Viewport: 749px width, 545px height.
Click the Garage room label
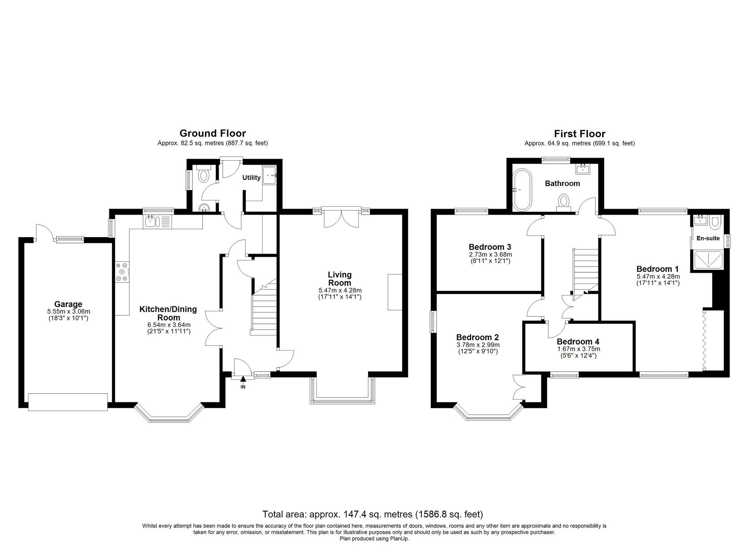pos(68,304)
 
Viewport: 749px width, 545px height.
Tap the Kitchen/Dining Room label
pos(168,313)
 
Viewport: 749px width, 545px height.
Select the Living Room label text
pos(340,279)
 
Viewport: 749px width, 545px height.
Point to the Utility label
pos(251,178)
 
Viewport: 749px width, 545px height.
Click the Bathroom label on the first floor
pos(562,184)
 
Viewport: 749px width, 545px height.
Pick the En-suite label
pos(708,238)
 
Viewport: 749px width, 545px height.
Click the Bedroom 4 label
pos(578,342)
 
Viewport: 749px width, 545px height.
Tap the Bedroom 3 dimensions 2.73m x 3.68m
pos(490,254)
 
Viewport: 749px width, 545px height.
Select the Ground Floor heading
pos(213,133)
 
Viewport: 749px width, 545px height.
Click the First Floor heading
pos(580,134)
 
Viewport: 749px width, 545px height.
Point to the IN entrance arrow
pos(243,380)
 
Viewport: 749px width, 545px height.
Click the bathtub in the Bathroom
pos(522,190)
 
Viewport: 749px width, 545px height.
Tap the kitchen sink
pos(151,222)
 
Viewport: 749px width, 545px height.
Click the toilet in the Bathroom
pos(564,201)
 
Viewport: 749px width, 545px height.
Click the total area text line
pos(373,514)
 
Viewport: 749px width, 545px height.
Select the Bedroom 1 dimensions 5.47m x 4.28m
pos(658,277)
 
